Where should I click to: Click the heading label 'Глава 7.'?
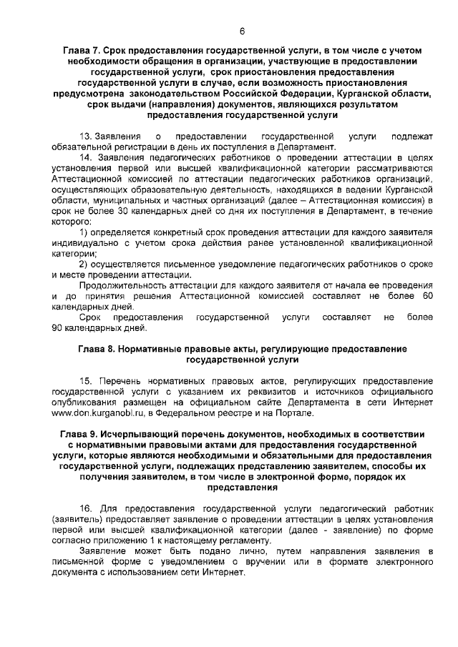(x=82, y=51)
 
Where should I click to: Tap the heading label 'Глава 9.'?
(x=79, y=435)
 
